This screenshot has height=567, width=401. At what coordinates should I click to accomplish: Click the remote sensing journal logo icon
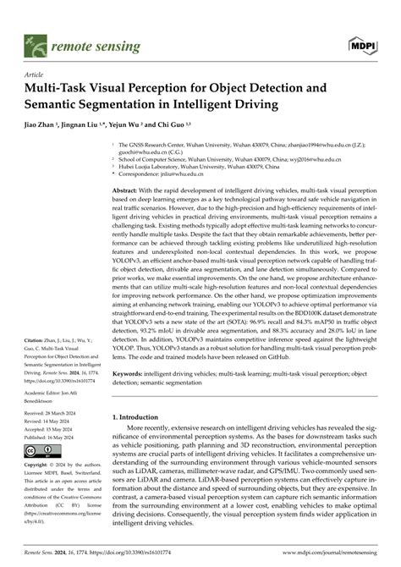pos(35,41)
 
